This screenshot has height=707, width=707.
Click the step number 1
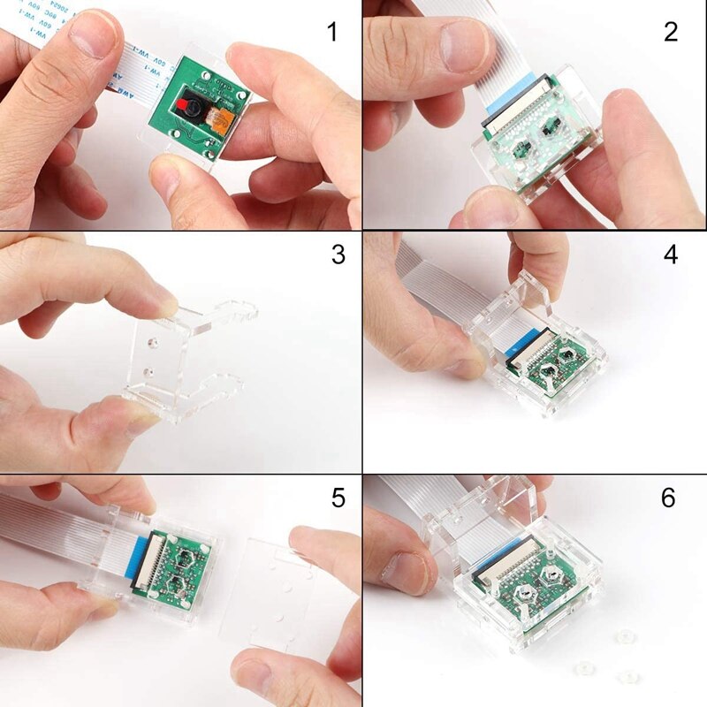[x=332, y=34]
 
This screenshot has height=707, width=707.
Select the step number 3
[x=338, y=255]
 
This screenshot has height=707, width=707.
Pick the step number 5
[x=338, y=498]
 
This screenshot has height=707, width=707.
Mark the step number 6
[x=669, y=498]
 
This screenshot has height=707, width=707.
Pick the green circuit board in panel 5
[x=177, y=566]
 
